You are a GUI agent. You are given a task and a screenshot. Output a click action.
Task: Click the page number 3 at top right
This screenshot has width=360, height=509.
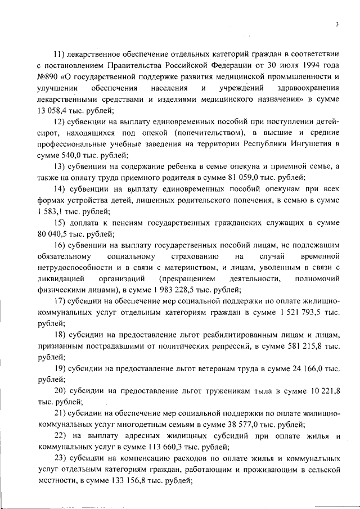(x=336, y=24)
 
